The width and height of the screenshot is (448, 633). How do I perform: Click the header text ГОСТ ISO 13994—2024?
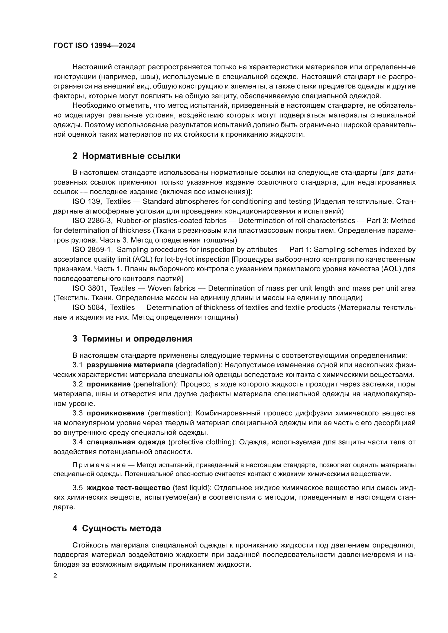pos(94,46)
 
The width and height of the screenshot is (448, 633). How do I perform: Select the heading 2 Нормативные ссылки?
pos(126,156)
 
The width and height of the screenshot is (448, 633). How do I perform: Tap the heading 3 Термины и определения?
pos(132,339)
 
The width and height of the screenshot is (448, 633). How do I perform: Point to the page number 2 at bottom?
pos(55,576)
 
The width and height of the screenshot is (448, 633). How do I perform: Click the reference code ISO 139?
pos(86,202)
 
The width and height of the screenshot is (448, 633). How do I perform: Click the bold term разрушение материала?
pos(130,365)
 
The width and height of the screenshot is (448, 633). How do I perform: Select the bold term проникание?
pos(108,384)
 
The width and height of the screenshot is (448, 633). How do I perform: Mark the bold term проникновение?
pos(115,413)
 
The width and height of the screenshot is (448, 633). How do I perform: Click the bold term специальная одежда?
pos(126,442)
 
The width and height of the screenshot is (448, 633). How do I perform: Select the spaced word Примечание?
pos(99,465)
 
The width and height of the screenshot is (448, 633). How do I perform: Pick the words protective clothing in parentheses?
pos(202,442)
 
